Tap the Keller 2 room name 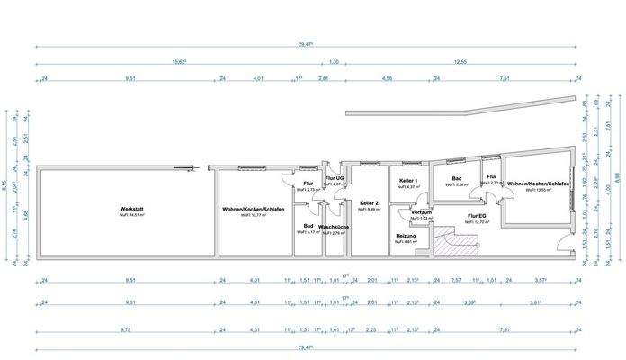(x=369, y=202)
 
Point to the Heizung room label (x=406, y=236)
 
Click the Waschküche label (x=335, y=227)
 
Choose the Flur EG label (x=477, y=215)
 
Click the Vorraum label (x=421, y=212)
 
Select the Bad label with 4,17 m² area (x=308, y=226)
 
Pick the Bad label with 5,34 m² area (x=456, y=178)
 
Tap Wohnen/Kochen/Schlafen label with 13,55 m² (x=538, y=184)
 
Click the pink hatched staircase (x=449, y=240)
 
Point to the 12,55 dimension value (x=461, y=62)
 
